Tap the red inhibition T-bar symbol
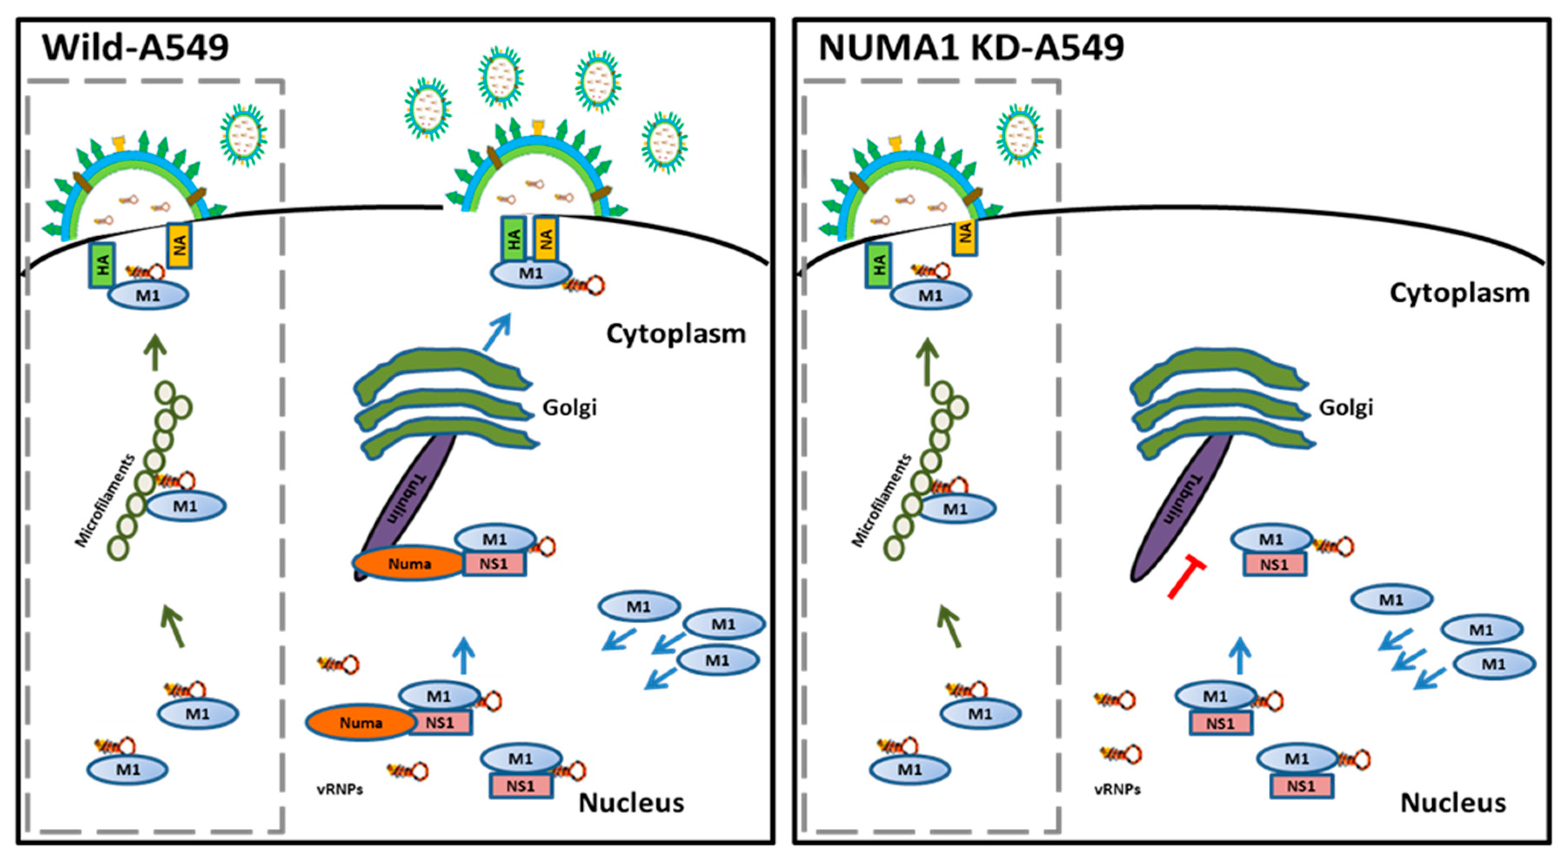click(x=1185, y=577)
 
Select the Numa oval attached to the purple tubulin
click(x=410, y=564)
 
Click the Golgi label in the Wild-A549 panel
click(x=569, y=407)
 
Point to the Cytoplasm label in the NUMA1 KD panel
click(x=1459, y=293)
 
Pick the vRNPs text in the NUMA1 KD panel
click(x=1117, y=789)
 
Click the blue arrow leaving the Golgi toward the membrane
click(x=497, y=332)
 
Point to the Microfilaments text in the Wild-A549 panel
click(x=104, y=501)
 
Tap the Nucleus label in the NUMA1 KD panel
click(x=1453, y=803)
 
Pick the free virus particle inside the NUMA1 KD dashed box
click(x=1020, y=135)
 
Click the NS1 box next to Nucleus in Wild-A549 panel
click(x=520, y=786)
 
